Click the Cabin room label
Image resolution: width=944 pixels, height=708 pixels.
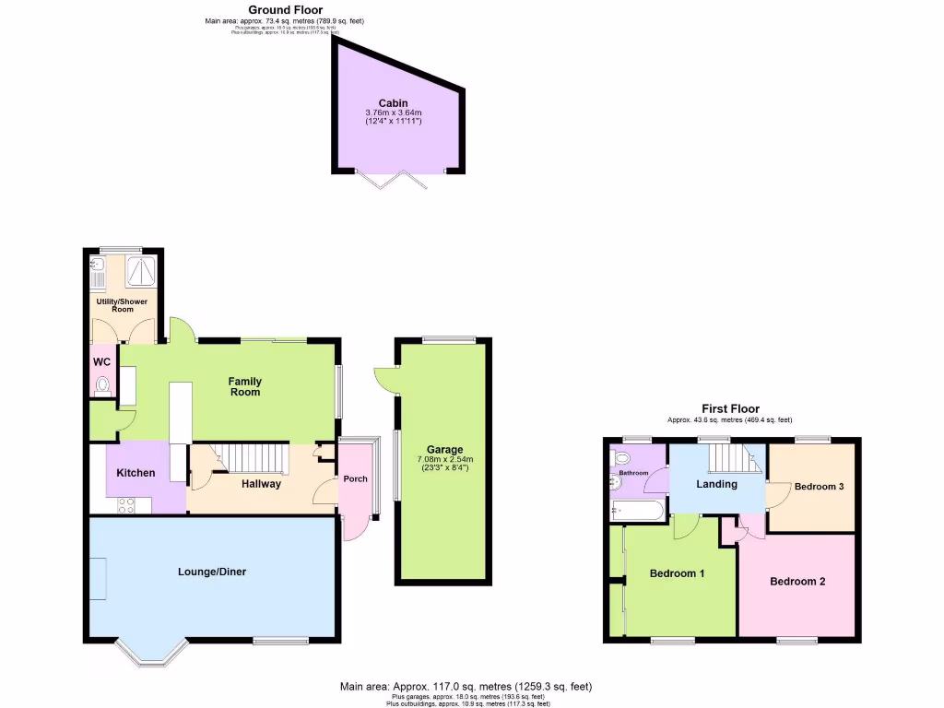393,103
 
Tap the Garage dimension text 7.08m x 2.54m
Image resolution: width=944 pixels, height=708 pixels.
444,459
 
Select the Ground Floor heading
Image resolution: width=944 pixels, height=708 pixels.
286,9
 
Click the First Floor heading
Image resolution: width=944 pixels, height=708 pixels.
730,408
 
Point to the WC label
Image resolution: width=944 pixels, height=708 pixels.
100,361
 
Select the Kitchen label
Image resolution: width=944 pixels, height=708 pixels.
136,473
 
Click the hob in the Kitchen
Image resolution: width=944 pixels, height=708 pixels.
125,504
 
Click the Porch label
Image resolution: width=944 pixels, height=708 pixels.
355,478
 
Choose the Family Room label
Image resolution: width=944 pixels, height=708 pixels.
245,386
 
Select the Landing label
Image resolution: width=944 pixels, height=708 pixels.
716,484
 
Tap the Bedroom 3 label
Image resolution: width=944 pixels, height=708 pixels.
819,487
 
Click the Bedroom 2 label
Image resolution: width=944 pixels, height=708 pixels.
797,582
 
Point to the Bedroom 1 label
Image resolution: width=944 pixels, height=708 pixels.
677,573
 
